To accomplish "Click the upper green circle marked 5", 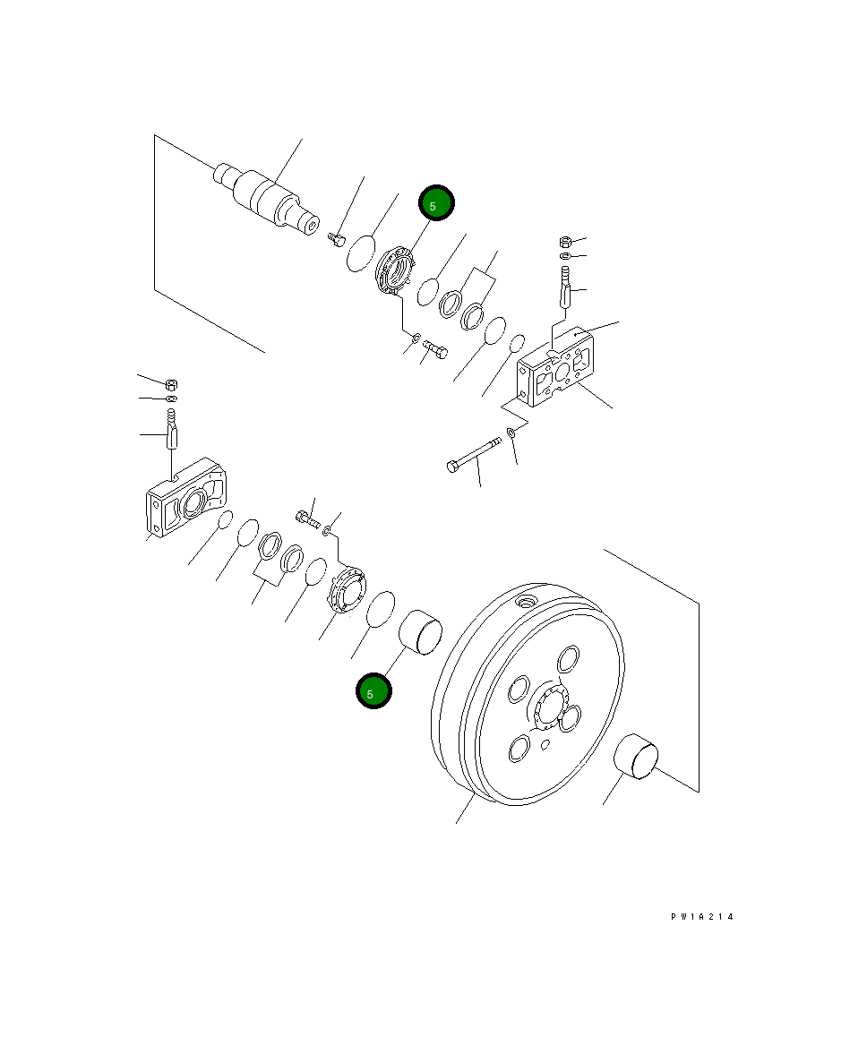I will tap(436, 204).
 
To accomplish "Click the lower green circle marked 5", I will tap(373, 691).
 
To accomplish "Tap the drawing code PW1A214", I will tap(702, 917).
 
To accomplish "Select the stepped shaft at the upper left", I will tap(268, 195).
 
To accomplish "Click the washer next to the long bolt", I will tap(511, 433).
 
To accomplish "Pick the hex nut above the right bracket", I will tap(566, 241).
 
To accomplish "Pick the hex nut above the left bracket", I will tap(172, 383).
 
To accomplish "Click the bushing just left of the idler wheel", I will tap(419, 633).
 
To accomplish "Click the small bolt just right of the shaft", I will tap(337, 238).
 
